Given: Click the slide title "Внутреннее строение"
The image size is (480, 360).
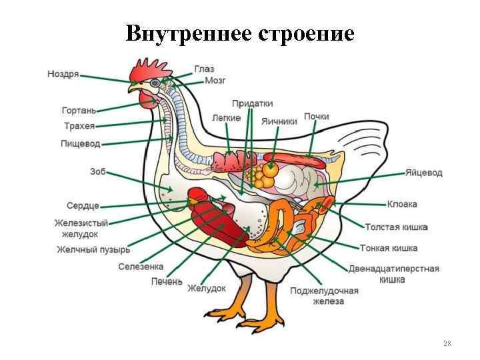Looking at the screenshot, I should [x=240, y=33].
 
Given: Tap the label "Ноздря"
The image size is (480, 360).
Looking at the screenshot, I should [x=63, y=75].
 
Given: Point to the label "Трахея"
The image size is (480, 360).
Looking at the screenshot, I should [x=79, y=126].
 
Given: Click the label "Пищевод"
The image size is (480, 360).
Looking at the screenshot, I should [x=80, y=143].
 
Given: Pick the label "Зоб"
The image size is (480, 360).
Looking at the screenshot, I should [x=97, y=171].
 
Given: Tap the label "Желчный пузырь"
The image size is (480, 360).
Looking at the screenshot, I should [x=93, y=250].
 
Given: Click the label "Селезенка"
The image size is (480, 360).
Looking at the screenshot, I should [x=141, y=267].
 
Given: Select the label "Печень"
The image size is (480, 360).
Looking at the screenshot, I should [x=166, y=281].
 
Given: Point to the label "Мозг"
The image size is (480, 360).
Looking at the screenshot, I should [x=215, y=81].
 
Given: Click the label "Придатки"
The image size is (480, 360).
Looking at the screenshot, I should [x=252, y=104].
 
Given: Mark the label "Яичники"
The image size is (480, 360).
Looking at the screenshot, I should [x=279, y=121].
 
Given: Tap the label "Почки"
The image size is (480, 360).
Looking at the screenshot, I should [x=316, y=117].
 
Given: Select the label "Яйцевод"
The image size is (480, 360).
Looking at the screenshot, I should [x=423, y=173].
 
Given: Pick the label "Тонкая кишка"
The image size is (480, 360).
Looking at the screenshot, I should [x=389, y=248].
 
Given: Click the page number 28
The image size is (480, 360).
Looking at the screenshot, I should [x=447, y=343].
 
